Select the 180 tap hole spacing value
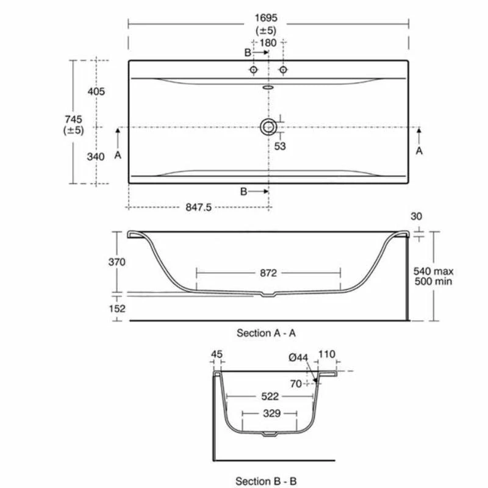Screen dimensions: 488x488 [x=268, y=43]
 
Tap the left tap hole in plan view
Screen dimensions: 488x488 [x=253, y=70]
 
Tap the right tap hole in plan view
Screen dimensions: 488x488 [x=282, y=70]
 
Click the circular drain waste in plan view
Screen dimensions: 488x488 [x=268, y=127]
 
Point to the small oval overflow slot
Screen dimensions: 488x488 [x=268, y=87]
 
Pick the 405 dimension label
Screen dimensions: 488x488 [x=96, y=91]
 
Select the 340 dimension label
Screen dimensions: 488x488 [x=96, y=156]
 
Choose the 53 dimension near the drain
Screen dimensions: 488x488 [x=280, y=146]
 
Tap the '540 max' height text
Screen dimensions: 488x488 [x=433, y=271]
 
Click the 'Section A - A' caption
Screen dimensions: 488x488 [x=266, y=333]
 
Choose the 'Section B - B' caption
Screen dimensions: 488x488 [x=266, y=481]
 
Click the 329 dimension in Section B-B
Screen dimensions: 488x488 [x=271, y=414]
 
